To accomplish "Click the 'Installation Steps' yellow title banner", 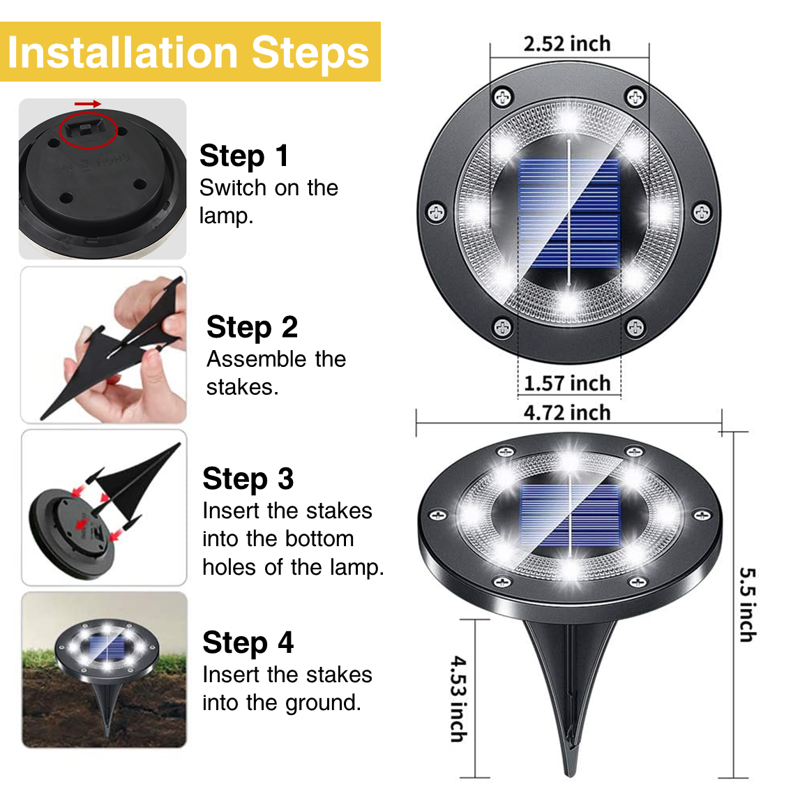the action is point(190,52).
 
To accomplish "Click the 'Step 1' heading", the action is point(244,156).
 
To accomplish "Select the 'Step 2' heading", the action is point(253,327).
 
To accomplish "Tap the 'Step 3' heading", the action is point(248,479).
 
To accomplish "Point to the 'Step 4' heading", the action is point(248,642).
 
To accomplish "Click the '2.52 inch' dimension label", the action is point(567,44).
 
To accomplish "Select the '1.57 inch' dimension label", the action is point(567,384).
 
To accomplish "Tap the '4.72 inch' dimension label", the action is point(567,413).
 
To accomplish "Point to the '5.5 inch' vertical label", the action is point(748,605).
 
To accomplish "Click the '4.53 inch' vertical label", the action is point(458,699).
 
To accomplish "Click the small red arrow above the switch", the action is point(88,104).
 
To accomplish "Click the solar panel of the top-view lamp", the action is point(569,213).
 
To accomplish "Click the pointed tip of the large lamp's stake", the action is point(570,774).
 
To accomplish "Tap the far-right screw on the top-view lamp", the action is point(702,212).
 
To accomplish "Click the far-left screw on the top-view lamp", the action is point(437,212).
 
